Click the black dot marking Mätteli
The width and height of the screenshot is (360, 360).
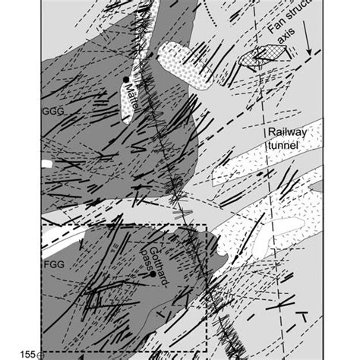(x=125, y=79)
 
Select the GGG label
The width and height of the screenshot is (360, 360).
(x=50, y=110)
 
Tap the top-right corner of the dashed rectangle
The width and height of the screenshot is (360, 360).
(x=207, y=226)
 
